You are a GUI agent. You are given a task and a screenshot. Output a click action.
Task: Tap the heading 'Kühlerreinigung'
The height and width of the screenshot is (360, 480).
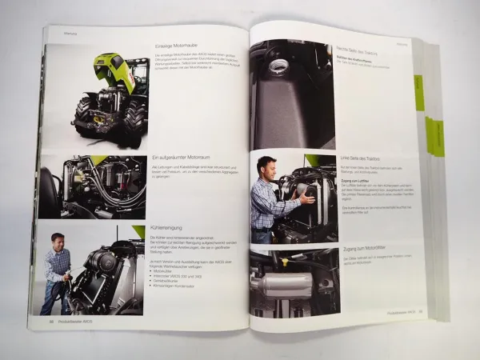[165, 228]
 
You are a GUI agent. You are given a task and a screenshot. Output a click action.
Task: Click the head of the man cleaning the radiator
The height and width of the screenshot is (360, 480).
[57, 241]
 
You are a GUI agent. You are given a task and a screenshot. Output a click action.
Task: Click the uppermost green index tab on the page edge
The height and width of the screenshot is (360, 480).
[418, 92]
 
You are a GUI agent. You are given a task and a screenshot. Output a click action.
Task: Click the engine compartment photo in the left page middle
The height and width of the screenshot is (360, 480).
[93, 187]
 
